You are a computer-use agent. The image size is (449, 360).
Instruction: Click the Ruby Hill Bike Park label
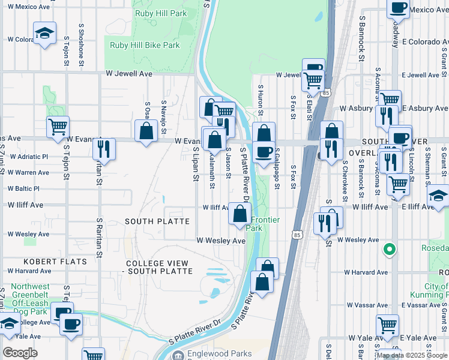pyautogui.click(x=145, y=45)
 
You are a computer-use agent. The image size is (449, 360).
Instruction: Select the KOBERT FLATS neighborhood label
pyautogui.click(x=55, y=262)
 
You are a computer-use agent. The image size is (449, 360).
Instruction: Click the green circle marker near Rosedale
pyautogui.click(x=389, y=248)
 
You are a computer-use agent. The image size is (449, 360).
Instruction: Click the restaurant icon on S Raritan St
pyautogui.click(x=104, y=149)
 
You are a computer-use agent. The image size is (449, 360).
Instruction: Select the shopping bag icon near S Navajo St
pyautogui.click(x=146, y=131)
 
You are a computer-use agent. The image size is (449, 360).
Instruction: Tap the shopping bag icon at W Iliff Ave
pyautogui.click(x=240, y=214)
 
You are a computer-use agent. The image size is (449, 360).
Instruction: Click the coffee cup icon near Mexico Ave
pyautogui.click(x=398, y=8)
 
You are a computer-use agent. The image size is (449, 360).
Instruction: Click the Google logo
pyautogui.click(x=20, y=352)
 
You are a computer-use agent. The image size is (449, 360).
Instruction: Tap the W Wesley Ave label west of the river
pyautogui.click(x=221, y=241)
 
